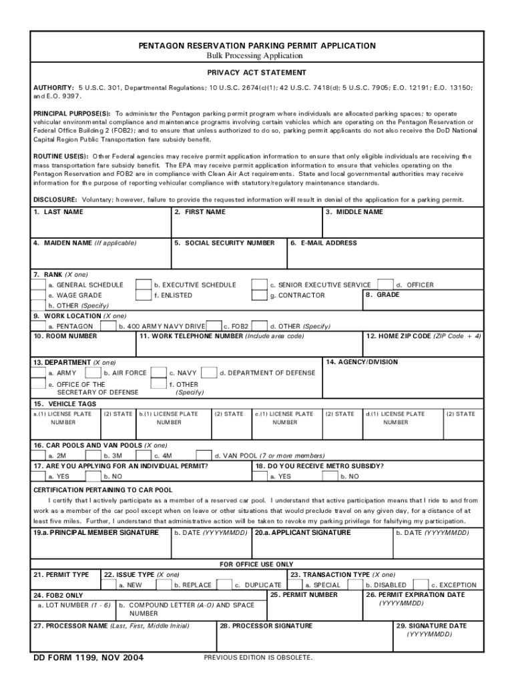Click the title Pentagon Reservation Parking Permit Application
[x=257, y=45]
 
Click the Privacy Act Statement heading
[x=257, y=72]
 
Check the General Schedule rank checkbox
[x=39, y=285]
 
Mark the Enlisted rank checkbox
[x=144, y=295]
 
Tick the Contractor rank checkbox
[x=259, y=295]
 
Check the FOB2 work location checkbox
[x=214, y=326]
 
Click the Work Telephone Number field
[x=248, y=347]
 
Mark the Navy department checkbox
[x=158, y=373]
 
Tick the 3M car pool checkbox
[x=94, y=456]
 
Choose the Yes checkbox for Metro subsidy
[x=261, y=477]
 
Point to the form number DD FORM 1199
[x=89, y=658]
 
